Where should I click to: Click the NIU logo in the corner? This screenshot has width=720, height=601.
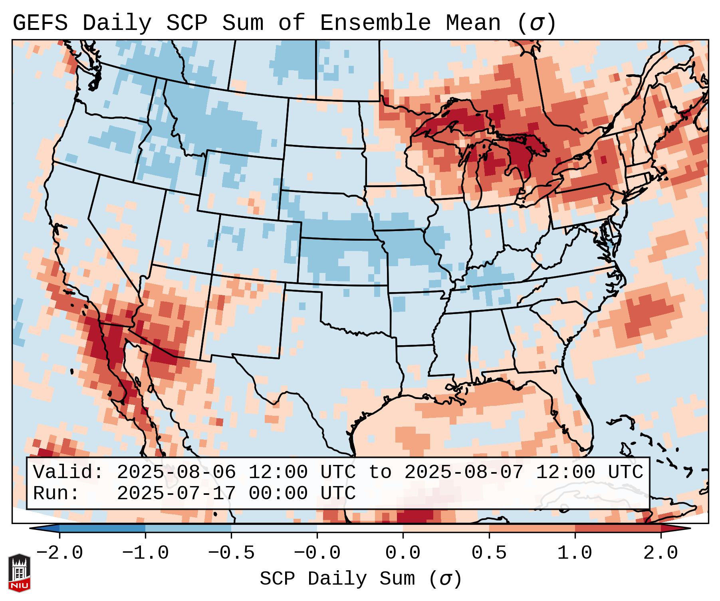tap(19, 572)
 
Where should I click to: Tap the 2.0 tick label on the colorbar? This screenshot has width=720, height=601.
tap(660, 553)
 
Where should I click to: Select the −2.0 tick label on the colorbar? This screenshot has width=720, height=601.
tap(60, 553)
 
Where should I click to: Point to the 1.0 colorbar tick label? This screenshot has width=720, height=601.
tap(575, 553)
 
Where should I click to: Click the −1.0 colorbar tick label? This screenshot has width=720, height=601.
tap(145, 553)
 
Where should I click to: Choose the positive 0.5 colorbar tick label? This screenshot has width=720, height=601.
tap(489, 553)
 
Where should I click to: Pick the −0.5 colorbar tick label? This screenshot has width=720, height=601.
tap(231, 553)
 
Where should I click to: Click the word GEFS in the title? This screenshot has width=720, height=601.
tap(40, 23)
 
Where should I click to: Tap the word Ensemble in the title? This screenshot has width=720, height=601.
tap(375, 23)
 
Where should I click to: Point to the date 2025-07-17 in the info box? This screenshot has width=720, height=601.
tap(176, 493)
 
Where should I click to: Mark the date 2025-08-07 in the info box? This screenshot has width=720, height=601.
tap(464, 472)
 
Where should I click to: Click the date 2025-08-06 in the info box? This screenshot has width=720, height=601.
tap(176, 472)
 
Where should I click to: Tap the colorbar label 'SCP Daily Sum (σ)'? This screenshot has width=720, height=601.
tap(361, 579)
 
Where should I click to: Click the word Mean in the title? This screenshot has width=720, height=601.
tap(473, 23)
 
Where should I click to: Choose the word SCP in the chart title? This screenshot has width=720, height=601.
tap(186, 23)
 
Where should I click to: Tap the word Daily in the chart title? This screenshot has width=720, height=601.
tap(117, 23)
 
